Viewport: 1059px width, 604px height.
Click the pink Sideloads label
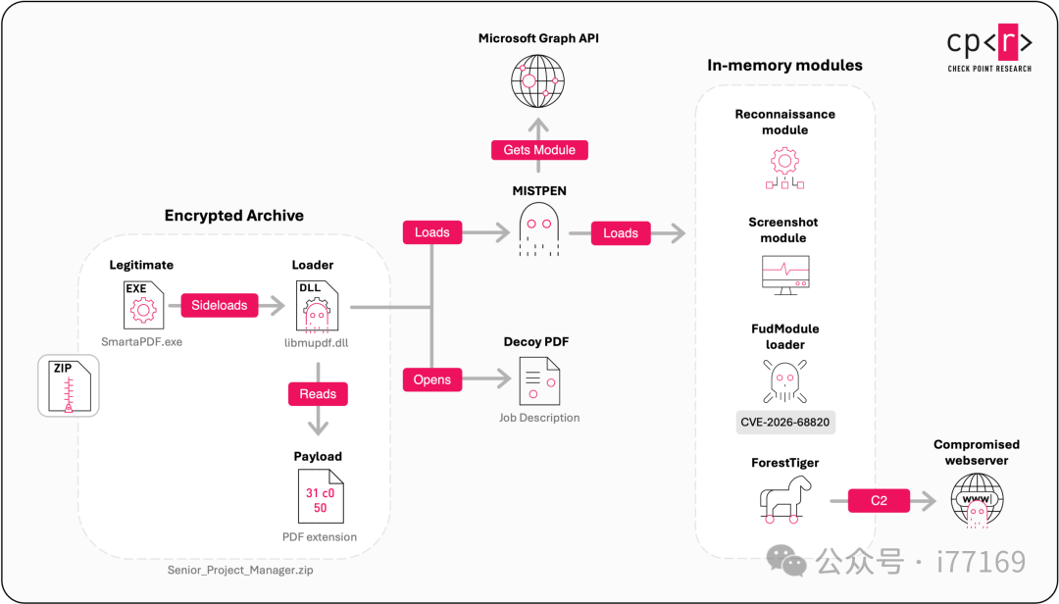pos(220,305)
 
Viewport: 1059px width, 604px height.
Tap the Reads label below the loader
pos(318,394)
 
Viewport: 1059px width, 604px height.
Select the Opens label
pos(432,379)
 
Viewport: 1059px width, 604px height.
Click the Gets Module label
pos(539,150)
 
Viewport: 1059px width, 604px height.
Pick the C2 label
pos(879,501)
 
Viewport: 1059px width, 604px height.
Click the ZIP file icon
pos(69,385)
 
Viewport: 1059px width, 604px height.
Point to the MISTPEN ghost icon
pos(539,229)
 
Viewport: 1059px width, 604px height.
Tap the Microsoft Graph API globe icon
pos(537,81)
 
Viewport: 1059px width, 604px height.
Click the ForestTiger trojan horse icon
pos(784,499)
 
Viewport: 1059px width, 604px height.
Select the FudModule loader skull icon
pos(784,381)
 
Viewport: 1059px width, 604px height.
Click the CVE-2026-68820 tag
pos(785,423)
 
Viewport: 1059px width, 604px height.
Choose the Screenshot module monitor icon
pos(785,275)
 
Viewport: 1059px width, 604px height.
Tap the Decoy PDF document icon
pos(539,381)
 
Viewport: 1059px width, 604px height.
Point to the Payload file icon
pos(321,496)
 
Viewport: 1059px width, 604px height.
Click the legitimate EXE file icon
pos(143,305)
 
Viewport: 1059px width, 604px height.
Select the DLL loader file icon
pos(317,307)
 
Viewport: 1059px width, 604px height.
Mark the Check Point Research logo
pos(989,48)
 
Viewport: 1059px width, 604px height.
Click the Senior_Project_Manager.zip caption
pos(240,571)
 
